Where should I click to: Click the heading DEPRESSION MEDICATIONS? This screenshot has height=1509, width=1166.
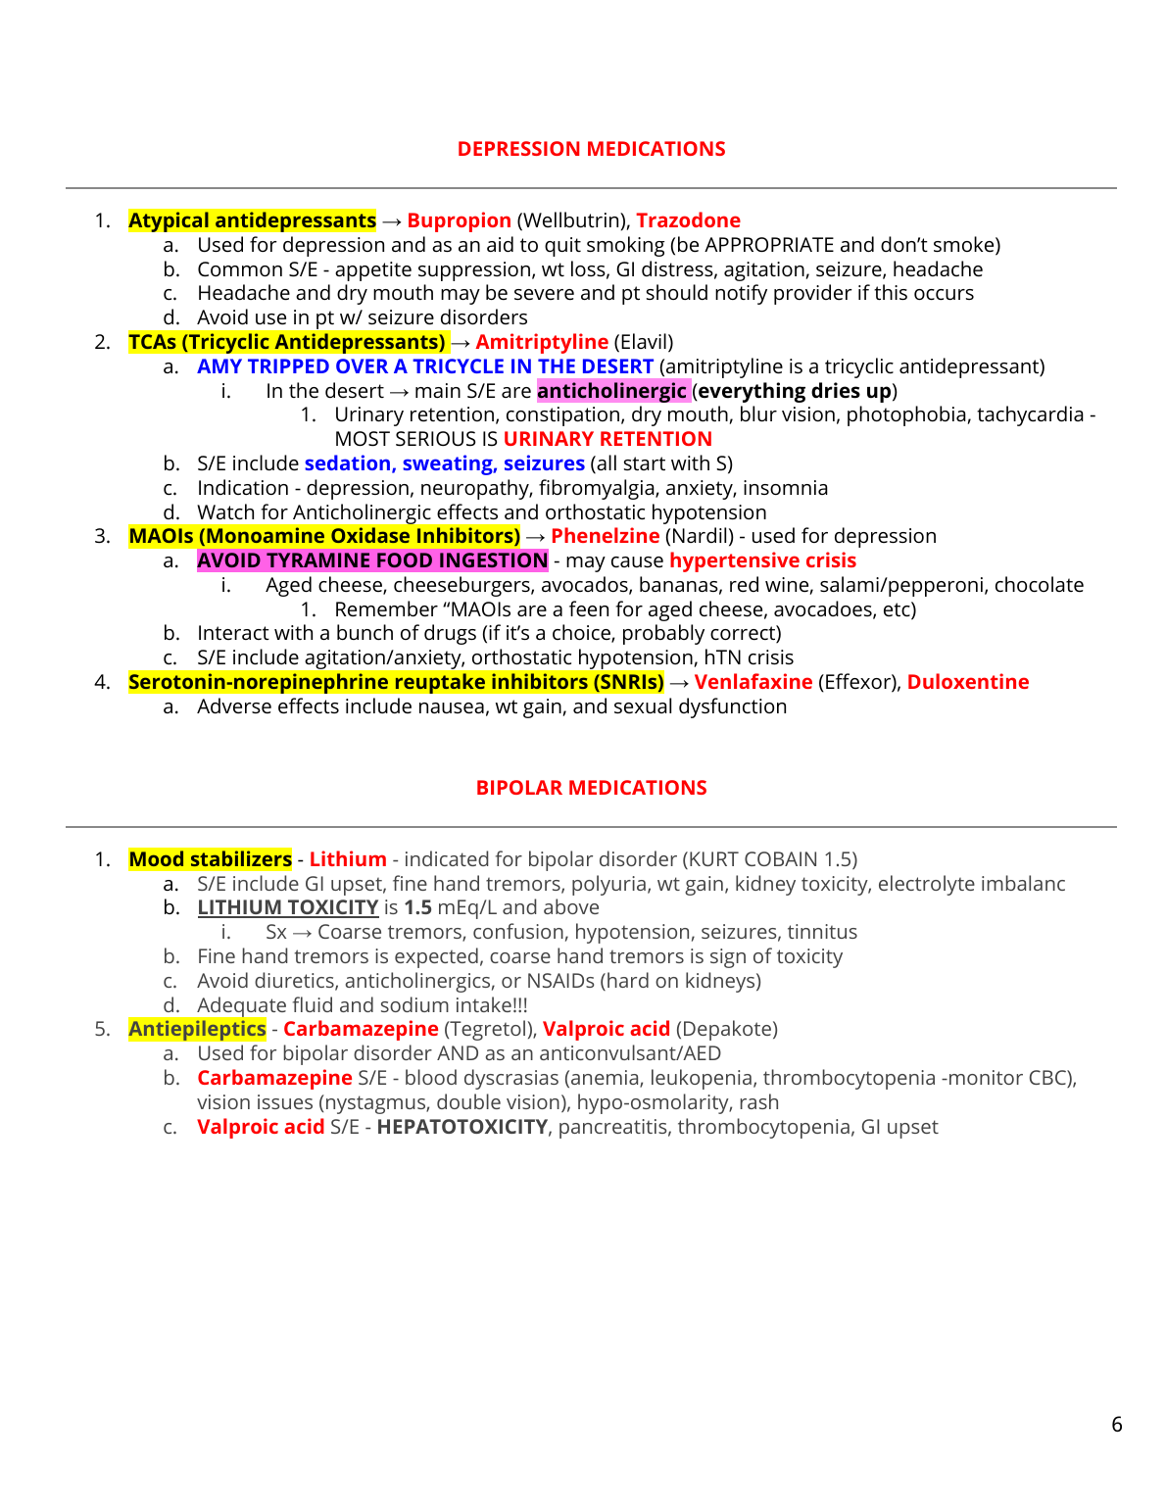click(591, 149)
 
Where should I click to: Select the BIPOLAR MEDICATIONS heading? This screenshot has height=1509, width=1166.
click(591, 788)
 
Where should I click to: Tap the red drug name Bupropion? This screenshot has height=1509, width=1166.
click(459, 220)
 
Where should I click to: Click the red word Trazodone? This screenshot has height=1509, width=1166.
click(688, 220)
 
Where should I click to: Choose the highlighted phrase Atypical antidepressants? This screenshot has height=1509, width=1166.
click(252, 220)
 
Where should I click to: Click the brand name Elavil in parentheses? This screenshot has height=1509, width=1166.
click(643, 342)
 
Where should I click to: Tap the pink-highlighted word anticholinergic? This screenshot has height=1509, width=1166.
click(611, 391)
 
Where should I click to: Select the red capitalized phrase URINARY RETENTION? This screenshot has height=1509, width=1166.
click(607, 439)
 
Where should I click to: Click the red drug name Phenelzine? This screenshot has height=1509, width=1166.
click(605, 536)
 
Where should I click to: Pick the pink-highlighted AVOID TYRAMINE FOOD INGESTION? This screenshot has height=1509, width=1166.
click(372, 560)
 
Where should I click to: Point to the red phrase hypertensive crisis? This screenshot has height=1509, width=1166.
click(762, 560)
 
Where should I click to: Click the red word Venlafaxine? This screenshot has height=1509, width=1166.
click(753, 682)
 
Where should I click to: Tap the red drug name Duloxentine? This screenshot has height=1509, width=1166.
click(967, 682)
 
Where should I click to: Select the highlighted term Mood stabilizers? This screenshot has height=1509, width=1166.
click(210, 859)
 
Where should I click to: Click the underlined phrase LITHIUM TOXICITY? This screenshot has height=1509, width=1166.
click(287, 907)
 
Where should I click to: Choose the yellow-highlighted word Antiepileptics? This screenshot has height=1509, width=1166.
click(197, 1029)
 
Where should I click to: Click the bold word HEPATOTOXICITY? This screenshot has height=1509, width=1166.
click(462, 1127)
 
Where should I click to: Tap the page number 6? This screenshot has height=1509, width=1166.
click(1116, 1425)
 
